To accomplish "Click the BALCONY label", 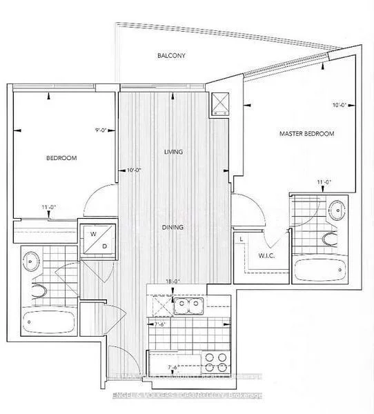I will point(170,55).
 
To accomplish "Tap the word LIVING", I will point(173,152).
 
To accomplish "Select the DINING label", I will point(173,226).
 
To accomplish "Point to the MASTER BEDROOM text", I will point(306,133).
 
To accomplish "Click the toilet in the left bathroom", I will point(37,290).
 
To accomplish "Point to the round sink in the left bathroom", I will point(33,260).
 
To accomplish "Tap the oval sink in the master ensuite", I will point(335,209).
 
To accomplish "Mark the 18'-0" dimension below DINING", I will point(173,281).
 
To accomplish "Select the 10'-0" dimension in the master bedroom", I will point(338,106).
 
